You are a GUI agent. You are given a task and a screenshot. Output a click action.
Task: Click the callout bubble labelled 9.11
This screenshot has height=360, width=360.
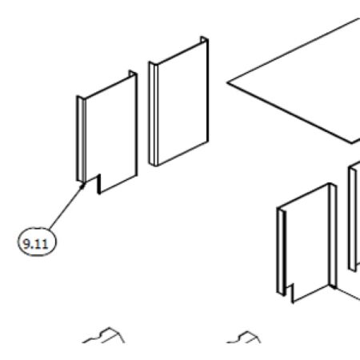[x=37, y=242]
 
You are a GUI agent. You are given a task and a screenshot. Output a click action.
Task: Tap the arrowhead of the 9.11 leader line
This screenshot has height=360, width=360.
[x=83, y=185]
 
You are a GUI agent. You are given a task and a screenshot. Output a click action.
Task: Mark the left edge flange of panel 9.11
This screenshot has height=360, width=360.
[x=81, y=139]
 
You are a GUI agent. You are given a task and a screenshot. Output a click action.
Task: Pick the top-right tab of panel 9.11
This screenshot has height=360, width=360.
[x=133, y=74]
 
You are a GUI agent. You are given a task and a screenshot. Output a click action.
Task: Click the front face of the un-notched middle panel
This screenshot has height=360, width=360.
[x=182, y=102]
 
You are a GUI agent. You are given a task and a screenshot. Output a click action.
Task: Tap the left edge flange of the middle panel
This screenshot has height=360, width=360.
[x=153, y=114]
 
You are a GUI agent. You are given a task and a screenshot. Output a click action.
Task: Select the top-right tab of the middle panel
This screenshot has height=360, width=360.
[x=204, y=40]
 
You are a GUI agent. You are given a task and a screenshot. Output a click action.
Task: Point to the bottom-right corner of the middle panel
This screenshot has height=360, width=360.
[x=207, y=142]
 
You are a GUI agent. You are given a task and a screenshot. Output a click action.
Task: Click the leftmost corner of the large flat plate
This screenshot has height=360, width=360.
[x=227, y=82]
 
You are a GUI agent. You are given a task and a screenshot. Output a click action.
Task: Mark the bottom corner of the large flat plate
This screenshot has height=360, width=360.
[x=352, y=143]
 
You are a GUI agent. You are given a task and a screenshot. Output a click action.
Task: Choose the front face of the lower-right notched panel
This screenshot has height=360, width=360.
[x=306, y=242]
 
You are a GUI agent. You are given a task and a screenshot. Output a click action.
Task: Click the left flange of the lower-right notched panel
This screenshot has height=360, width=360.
[x=282, y=252]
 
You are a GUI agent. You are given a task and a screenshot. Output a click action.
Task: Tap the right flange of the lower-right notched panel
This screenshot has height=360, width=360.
[x=333, y=236]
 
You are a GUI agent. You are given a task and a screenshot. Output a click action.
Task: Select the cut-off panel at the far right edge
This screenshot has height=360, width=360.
[x=354, y=216]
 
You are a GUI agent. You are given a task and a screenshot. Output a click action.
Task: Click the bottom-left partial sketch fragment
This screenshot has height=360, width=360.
[x=104, y=335]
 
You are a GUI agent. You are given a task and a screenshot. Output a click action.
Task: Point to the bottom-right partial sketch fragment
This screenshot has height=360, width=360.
[x=244, y=338]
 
